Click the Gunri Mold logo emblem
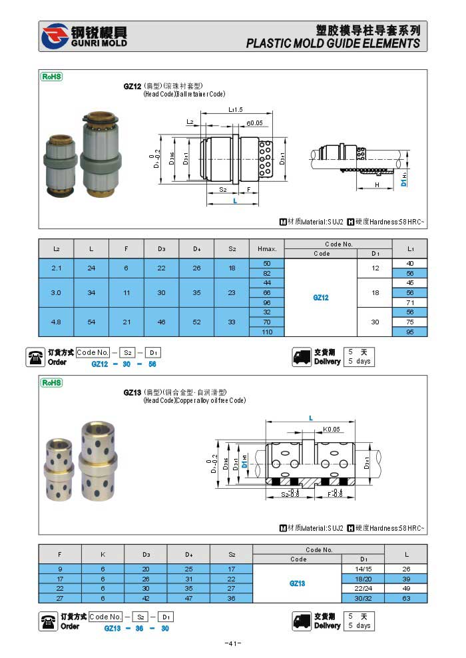pyautogui.click(x=56, y=37)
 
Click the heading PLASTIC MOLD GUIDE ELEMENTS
pyautogui.click(x=333, y=43)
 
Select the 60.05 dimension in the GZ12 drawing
pyautogui.click(x=254, y=123)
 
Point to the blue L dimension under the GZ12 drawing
pyautogui.click(x=235, y=200)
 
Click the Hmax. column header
pyautogui.click(x=266, y=248)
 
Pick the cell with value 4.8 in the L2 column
pyautogui.click(x=56, y=322)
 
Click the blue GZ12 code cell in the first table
pyautogui.click(x=321, y=298)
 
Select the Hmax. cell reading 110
pyautogui.click(x=266, y=332)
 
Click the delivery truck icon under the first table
pyautogui.click(x=302, y=357)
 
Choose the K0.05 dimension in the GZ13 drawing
pyautogui.click(x=332, y=430)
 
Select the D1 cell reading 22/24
pyautogui.click(x=363, y=588)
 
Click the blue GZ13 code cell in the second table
pyautogui.click(x=297, y=583)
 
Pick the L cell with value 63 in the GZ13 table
pyautogui.click(x=406, y=598)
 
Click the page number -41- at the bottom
pyautogui.click(x=232, y=643)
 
